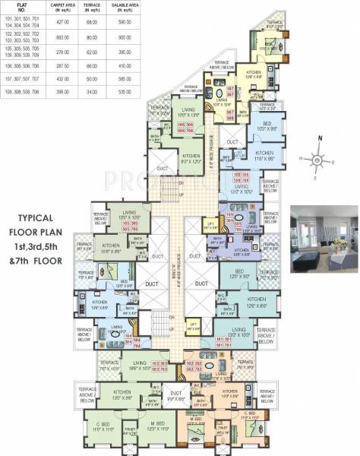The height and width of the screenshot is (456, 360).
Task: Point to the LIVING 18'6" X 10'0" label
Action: (x=139, y=366)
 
